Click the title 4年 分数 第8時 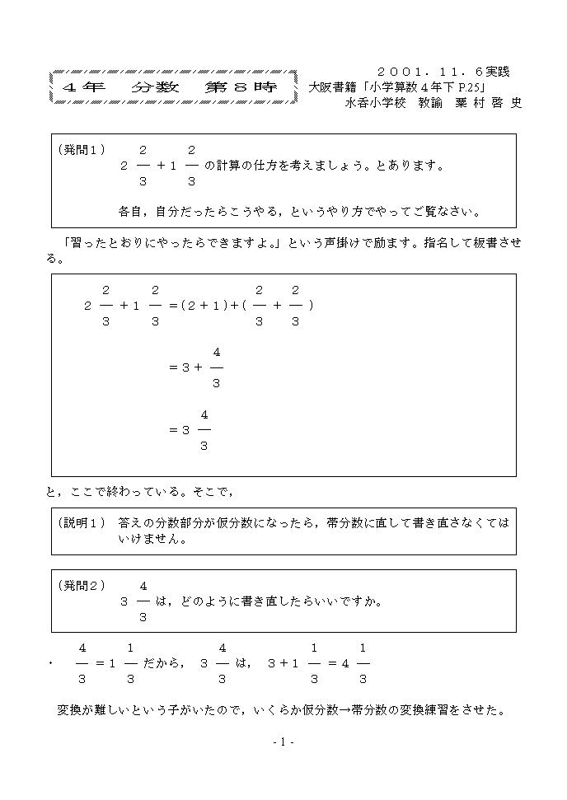click(172, 87)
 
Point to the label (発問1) click(82, 150)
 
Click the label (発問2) click(82, 586)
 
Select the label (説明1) click(82, 523)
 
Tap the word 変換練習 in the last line click(436, 709)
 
